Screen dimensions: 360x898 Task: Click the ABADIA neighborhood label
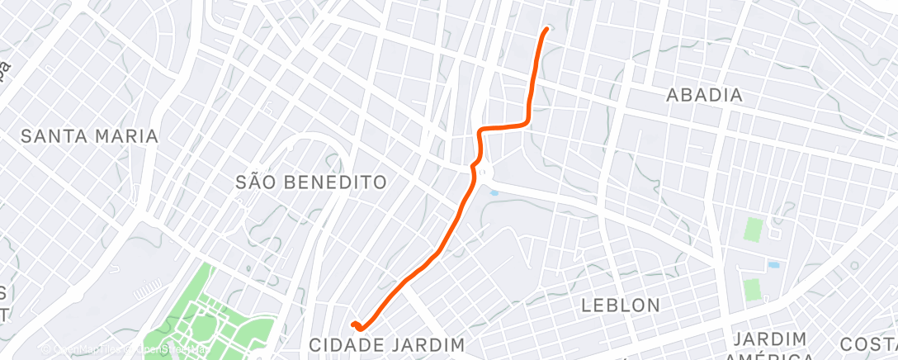tap(704, 96)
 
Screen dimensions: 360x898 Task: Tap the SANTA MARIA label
tap(88, 136)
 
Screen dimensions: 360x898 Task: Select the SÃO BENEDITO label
tap(310, 182)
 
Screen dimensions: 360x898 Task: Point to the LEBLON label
tap(620, 305)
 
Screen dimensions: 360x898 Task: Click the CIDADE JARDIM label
tap(387, 343)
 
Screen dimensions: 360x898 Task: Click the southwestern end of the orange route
tap(353, 324)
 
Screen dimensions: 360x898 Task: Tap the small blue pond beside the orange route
tap(494, 193)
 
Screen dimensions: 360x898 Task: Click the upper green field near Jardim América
tap(752, 229)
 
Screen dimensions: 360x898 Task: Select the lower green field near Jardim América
tap(751, 290)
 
